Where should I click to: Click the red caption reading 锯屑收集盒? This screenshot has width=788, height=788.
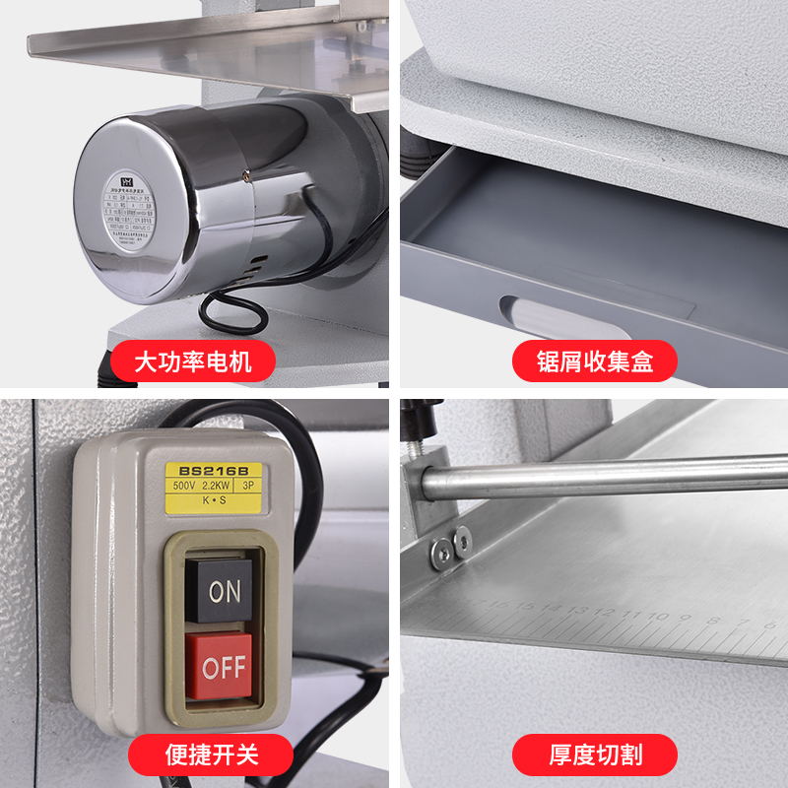click(x=594, y=361)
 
